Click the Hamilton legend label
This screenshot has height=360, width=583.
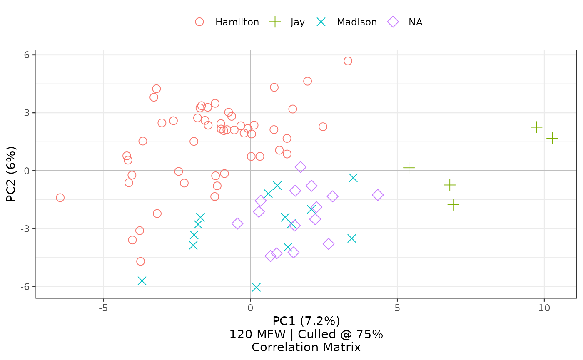click(237, 22)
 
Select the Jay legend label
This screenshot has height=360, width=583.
click(298, 22)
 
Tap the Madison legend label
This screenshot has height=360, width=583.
click(356, 22)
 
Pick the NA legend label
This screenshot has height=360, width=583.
click(415, 22)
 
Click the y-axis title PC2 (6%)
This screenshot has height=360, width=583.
click(11, 174)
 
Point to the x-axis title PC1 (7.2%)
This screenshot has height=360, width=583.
click(306, 321)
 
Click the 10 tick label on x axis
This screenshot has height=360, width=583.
click(544, 308)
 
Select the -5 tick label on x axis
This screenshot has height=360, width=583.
click(103, 308)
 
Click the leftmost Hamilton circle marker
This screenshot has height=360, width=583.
click(60, 198)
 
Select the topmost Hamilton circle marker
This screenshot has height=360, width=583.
click(348, 61)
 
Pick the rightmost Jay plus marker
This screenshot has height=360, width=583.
click(552, 138)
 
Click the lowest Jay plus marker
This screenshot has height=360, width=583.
click(453, 205)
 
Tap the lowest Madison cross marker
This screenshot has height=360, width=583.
click(256, 288)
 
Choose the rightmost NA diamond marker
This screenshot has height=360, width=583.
click(378, 195)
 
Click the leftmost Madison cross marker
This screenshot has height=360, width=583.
click(142, 281)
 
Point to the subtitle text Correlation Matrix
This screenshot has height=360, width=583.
click(306, 348)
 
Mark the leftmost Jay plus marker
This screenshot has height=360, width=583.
click(409, 168)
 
